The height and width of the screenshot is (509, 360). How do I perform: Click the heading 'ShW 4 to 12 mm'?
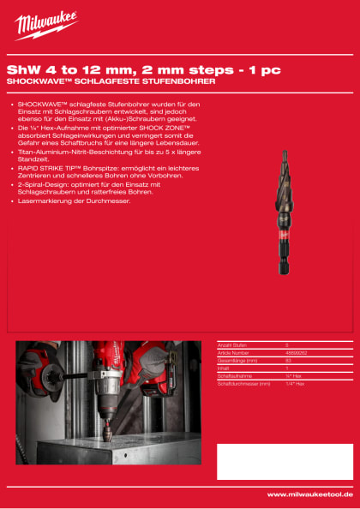(x=60, y=69)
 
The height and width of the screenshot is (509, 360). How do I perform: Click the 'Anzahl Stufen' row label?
(x=232, y=344)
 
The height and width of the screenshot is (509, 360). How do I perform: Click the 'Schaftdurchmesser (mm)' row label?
(x=244, y=383)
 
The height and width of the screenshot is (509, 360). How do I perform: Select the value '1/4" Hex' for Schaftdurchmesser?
(x=296, y=383)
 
